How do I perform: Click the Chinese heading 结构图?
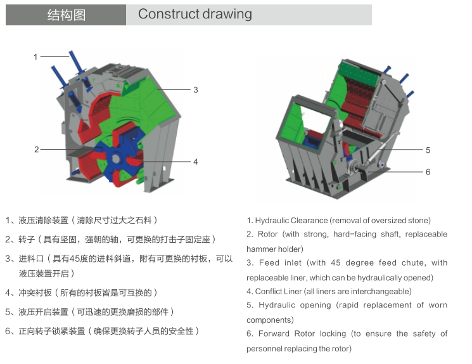click(x=66, y=15)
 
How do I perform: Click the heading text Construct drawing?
click(x=195, y=15)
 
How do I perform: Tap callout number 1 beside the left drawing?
click(x=36, y=57)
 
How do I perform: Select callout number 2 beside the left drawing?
click(x=36, y=150)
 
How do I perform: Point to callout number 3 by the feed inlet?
click(x=196, y=90)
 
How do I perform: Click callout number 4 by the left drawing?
click(x=196, y=162)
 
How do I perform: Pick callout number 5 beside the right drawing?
click(x=428, y=150)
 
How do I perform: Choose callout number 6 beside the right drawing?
click(x=428, y=172)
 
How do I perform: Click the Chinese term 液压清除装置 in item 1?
click(x=43, y=221)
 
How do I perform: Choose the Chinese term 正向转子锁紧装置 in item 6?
click(x=51, y=331)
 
